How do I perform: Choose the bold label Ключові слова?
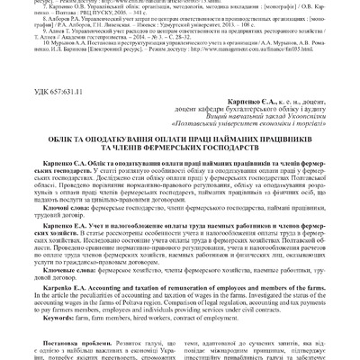point(58,206)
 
